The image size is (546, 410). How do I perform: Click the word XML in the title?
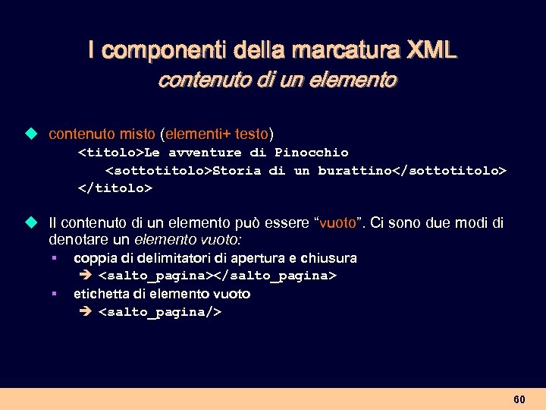click(431, 51)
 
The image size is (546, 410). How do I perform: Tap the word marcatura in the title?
click(342, 51)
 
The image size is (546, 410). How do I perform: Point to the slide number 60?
click(519, 399)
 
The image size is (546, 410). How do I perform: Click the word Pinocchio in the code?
click(312, 153)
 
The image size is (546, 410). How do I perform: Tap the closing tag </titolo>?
click(115, 188)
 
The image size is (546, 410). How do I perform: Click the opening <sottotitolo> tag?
click(158, 170)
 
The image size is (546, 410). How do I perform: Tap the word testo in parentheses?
click(252, 134)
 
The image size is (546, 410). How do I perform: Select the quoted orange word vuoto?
click(337, 223)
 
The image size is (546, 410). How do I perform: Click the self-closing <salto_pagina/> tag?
click(160, 311)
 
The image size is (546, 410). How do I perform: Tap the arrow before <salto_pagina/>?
click(85, 311)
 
